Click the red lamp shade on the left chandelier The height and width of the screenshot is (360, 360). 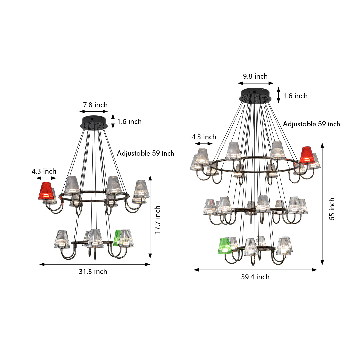46,191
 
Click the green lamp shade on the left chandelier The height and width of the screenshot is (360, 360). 117,238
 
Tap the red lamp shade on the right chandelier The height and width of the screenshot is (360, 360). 307,155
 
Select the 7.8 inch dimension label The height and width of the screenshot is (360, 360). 94,105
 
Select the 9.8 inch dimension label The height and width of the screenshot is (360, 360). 255,76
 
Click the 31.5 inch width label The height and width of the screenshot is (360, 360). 93,272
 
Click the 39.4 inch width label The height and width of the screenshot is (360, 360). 255,277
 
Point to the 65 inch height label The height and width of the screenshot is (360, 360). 332,209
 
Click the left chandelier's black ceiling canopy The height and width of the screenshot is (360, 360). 94,122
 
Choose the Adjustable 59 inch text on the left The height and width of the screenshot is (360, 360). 145,153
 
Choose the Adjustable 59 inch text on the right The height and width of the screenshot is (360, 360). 311,124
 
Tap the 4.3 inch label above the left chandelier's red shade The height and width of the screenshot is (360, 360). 44,171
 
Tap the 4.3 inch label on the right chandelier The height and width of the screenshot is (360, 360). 204,137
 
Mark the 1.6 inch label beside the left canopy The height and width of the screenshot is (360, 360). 129,122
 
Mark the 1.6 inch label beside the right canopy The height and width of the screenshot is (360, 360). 295,96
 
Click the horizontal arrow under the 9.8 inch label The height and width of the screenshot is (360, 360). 256,83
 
